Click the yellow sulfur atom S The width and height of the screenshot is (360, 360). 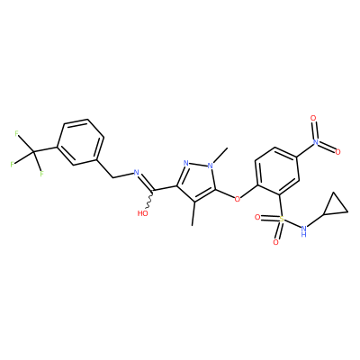point(282,219)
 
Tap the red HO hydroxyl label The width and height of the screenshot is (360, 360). point(142,213)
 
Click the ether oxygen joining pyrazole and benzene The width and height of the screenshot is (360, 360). point(238,199)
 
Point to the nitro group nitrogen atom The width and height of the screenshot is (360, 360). point(315,141)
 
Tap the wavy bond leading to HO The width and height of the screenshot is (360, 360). point(150,200)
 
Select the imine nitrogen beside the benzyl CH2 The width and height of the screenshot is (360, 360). point(137,173)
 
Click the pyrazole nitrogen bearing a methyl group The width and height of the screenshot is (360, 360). point(211,165)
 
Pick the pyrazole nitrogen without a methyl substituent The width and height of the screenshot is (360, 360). point(186,163)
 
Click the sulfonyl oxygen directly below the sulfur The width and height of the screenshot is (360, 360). point(276,242)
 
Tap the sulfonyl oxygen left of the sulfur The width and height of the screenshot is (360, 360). point(257,217)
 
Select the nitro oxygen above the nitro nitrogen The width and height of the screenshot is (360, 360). point(314,118)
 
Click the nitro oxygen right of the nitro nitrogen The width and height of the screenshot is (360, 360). point(338,152)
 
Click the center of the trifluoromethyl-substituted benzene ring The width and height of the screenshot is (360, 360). point(80,142)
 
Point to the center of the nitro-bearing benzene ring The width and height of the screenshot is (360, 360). point(277,171)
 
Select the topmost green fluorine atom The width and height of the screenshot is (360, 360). point(17,134)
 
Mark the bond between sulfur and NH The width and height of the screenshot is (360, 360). point(292,224)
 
